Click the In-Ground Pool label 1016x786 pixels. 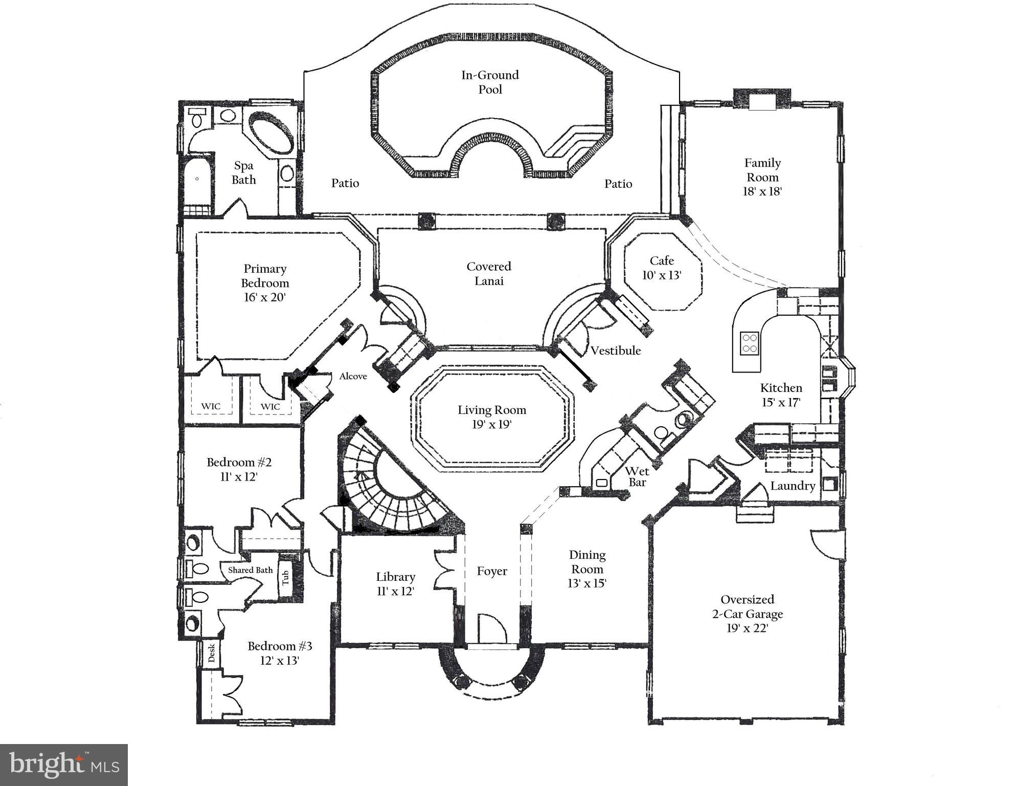(489, 82)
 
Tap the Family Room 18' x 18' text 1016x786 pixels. (762, 177)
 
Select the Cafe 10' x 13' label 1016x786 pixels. (662, 268)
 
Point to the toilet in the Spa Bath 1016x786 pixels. (196, 119)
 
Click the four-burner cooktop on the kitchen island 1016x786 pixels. (750, 343)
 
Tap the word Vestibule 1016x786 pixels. (615, 351)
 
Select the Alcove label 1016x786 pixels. (353, 376)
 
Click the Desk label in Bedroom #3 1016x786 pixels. (212, 652)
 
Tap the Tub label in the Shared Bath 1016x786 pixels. (285, 578)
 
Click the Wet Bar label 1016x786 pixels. (637, 476)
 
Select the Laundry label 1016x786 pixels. (792, 486)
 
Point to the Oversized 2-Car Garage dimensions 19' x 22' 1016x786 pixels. (747, 628)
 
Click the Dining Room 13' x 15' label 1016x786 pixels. (586, 569)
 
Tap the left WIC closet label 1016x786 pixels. (211, 406)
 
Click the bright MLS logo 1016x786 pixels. (64, 765)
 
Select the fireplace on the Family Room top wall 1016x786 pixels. (761, 99)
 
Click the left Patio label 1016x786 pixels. (345, 183)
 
